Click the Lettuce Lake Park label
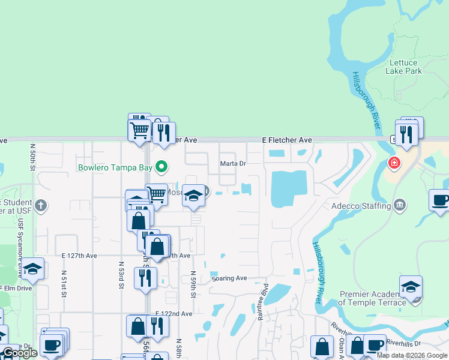pyautogui.click(x=406, y=67)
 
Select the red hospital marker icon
pyautogui.click(x=394, y=163)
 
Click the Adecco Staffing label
pyautogui.click(x=361, y=206)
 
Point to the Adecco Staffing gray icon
pyautogui.click(x=399, y=206)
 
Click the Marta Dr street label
pyautogui.click(x=233, y=163)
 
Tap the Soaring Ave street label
pyautogui.click(x=229, y=278)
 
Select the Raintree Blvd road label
pyautogui.click(x=262, y=303)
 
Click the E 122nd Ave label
pyautogui.click(x=174, y=314)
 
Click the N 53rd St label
pyautogui.click(x=121, y=275)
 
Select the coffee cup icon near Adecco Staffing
pyautogui.click(x=440, y=200)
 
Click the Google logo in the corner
pyautogui.click(x=20, y=353)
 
